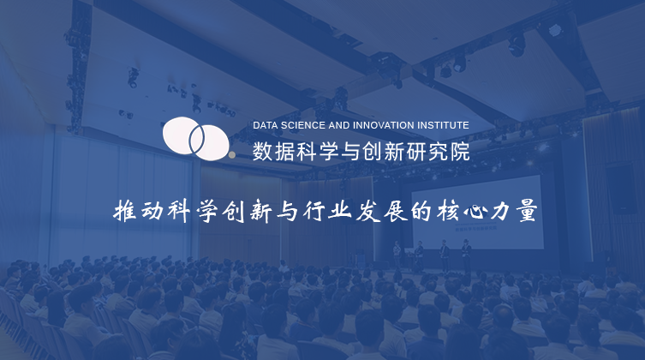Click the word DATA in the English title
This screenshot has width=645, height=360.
262,125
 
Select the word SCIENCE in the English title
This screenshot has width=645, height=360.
291,125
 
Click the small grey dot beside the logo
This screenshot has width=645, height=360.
232,155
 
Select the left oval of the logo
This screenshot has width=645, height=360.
183,135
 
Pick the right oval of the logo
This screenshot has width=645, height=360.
209,142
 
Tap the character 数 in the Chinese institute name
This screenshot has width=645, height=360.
262,152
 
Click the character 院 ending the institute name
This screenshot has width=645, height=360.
460,152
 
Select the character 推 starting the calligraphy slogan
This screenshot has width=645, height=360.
125,211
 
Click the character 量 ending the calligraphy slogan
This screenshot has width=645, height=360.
527,211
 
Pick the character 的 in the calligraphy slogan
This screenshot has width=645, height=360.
421,211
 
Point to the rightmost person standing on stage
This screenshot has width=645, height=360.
466,255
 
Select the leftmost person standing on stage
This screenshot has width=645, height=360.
397,255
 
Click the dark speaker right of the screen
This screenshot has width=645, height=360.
620,188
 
